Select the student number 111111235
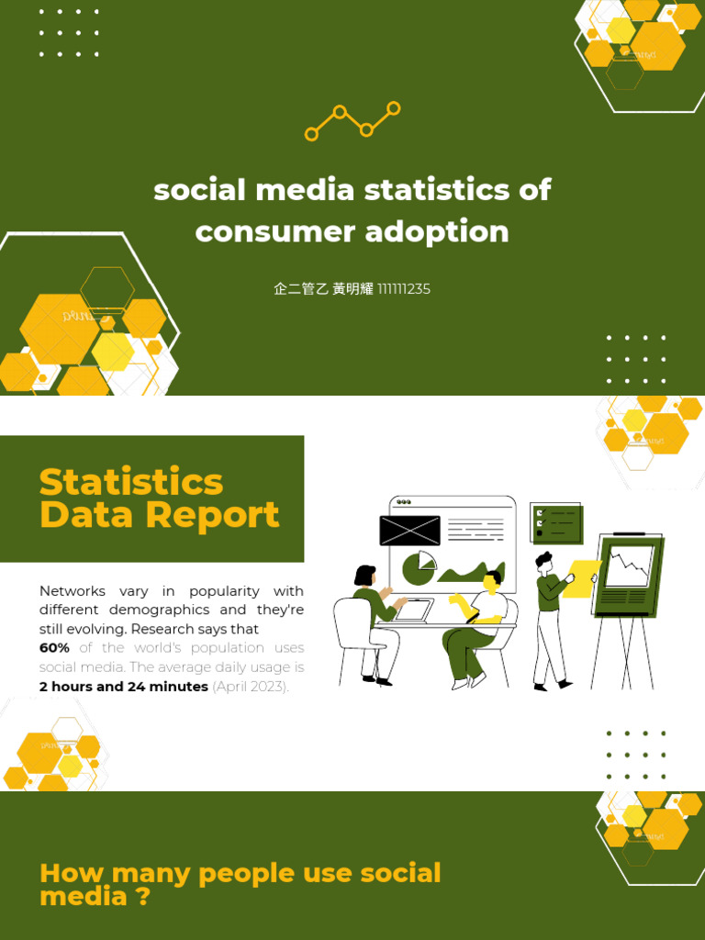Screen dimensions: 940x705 click(404, 289)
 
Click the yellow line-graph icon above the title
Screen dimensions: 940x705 click(352, 121)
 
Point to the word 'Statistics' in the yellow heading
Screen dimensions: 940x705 click(131, 482)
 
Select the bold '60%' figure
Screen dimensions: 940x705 click(54, 648)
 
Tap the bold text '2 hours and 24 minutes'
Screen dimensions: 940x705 click(124, 687)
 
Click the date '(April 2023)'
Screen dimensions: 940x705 click(251, 687)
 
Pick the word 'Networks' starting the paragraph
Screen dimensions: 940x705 click(73, 591)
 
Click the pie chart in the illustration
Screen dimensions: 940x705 click(420, 568)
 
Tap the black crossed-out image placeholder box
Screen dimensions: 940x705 click(409, 531)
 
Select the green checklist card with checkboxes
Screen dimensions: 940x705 click(556, 523)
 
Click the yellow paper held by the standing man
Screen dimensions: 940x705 click(581, 579)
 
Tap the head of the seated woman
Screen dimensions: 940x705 click(365, 576)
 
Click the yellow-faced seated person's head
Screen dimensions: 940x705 click(492, 581)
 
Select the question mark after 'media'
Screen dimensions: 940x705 click(142, 897)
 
